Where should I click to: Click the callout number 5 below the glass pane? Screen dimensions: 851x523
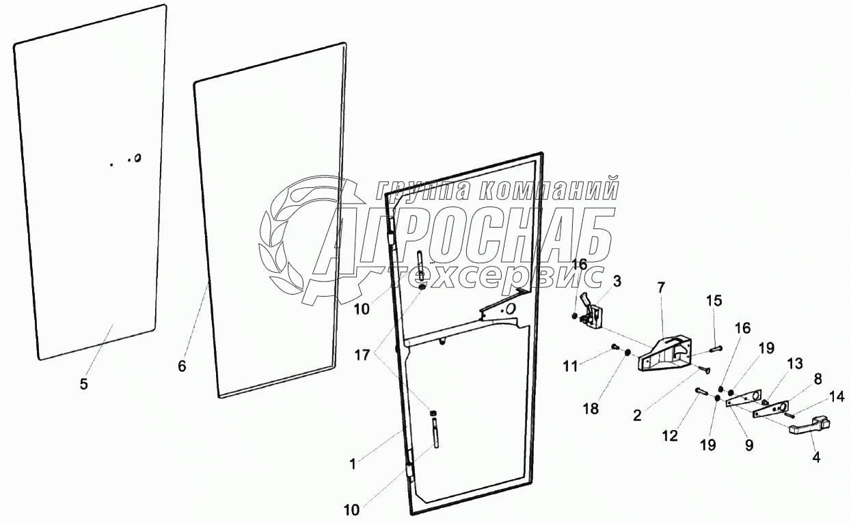coord(83,384)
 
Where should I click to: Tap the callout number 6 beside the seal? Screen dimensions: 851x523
coord(182,366)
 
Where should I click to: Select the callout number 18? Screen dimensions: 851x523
coord(591,409)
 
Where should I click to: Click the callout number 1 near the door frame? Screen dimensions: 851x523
coord(352,465)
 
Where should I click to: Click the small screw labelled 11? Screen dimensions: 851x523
coord(614,347)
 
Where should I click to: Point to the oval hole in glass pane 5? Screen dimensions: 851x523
coord(137,158)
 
